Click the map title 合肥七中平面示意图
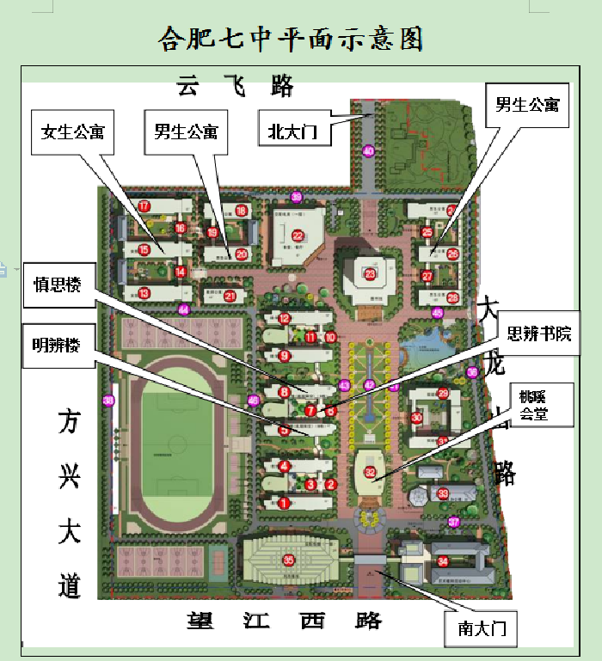[292, 39]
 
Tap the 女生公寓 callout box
[72, 132]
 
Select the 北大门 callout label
[293, 132]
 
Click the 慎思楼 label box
[57, 285]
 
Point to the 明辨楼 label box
[57, 346]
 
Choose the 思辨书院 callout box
[540, 333]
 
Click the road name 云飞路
[235, 86]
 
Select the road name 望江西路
[284, 621]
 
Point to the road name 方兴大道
[70, 503]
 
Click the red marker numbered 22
[298, 236]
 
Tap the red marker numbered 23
[371, 274]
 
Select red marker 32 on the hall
[371, 472]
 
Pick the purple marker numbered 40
[369, 151]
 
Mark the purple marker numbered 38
[108, 401]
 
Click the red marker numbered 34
[443, 561]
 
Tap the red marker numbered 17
[144, 206]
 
